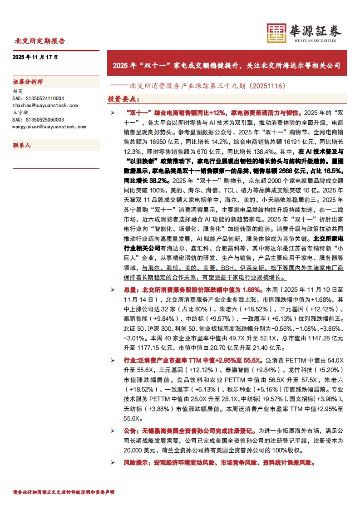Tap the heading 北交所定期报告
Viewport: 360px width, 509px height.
point(40,41)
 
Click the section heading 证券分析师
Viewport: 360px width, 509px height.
point(28,82)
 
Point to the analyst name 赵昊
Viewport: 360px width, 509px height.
point(17,91)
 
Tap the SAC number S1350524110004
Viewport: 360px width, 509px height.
point(38,98)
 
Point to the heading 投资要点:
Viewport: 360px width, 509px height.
point(120,99)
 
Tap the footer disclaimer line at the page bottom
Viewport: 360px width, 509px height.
point(64,492)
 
